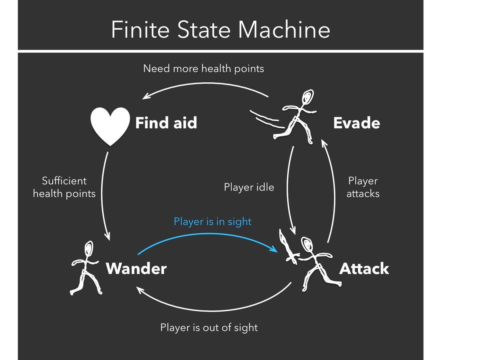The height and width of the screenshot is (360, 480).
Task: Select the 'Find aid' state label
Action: click(166, 123)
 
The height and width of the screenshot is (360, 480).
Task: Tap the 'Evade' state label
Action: click(356, 123)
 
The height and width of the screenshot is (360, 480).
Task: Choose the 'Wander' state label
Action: click(136, 268)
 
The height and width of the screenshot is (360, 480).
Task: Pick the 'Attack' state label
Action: click(364, 268)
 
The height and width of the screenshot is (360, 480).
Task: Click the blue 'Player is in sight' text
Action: click(212, 221)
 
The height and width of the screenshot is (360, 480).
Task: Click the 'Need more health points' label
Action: click(204, 68)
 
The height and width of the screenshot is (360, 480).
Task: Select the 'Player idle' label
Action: click(249, 187)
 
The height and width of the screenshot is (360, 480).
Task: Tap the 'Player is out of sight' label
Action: click(209, 328)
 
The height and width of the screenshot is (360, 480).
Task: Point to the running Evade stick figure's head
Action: click(307, 97)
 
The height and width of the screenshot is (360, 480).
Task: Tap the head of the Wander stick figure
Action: click(88, 248)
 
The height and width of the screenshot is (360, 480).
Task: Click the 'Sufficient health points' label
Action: click(64, 187)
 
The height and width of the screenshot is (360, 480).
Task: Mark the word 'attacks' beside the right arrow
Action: click(363, 194)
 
